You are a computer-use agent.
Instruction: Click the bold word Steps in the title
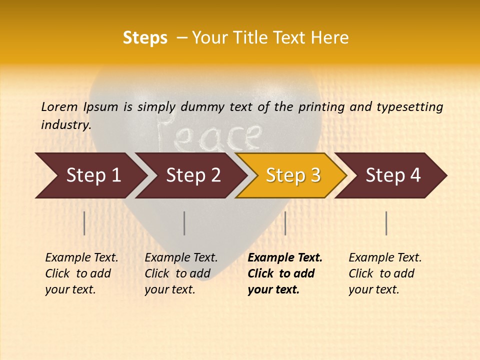pyautogui.click(x=145, y=38)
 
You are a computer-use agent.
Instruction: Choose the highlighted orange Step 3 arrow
pyautogui.click(x=292, y=175)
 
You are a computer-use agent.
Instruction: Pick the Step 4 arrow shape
pyautogui.click(x=393, y=175)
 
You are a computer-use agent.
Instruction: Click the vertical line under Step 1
pyautogui.click(x=84, y=223)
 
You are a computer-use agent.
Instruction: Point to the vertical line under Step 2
pyautogui.click(x=184, y=223)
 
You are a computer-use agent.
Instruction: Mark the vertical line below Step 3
pyautogui.click(x=285, y=223)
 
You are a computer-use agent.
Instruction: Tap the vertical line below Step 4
pyautogui.click(x=386, y=223)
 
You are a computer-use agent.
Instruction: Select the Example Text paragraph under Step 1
pyautogui.click(x=81, y=273)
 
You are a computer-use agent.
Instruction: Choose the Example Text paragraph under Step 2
pyautogui.click(x=181, y=273)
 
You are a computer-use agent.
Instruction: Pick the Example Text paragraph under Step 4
pyautogui.click(x=385, y=273)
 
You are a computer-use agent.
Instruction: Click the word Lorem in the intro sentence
pyautogui.click(x=59, y=106)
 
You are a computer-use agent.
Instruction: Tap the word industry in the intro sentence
pyautogui.click(x=65, y=124)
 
